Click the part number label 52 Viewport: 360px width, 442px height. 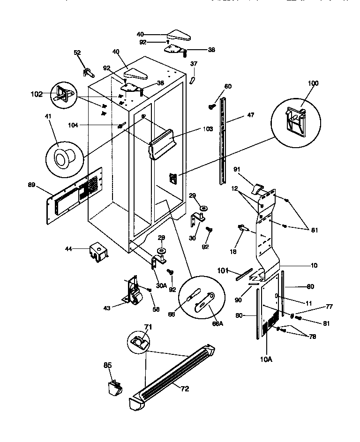(x=77, y=53)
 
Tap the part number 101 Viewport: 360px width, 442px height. (x=223, y=270)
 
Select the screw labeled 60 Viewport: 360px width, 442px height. (x=211, y=107)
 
